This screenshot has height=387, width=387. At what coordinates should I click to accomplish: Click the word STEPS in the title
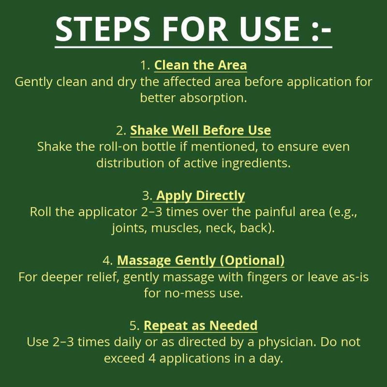point(103,29)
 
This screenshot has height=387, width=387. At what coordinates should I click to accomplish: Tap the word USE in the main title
point(269,29)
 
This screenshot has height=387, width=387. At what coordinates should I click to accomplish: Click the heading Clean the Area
point(200,65)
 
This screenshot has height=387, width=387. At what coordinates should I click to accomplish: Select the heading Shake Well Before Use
point(200,130)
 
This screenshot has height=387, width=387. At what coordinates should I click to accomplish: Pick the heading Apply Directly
point(200,195)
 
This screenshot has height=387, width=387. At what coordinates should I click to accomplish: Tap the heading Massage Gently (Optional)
point(201,260)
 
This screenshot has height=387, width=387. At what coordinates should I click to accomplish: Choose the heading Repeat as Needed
point(200,325)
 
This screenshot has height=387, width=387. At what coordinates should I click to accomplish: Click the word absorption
point(213,98)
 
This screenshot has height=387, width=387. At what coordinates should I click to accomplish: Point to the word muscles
point(175,228)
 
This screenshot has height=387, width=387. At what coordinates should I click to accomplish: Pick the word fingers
point(267,277)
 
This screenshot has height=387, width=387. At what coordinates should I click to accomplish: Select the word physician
point(287,342)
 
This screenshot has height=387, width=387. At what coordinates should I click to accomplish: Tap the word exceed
point(124,358)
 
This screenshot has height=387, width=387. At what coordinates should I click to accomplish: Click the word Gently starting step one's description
point(33,82)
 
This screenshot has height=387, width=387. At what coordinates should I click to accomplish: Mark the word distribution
point(130,163)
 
